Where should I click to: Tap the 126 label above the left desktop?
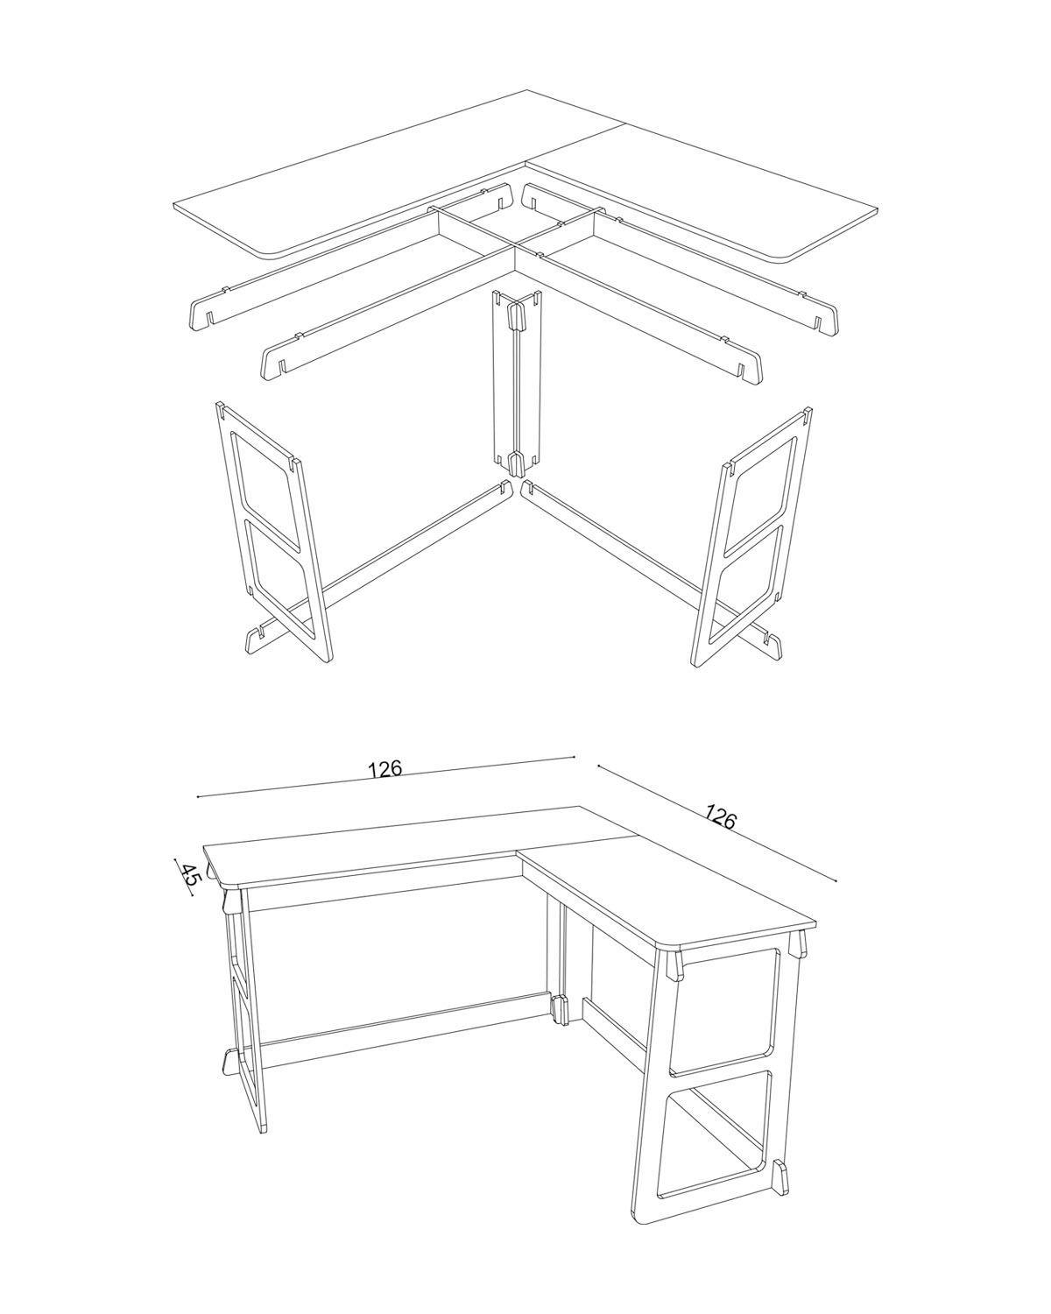(385, 769)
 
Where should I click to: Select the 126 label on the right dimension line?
(721, 816)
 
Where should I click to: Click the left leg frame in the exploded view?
(275, 531)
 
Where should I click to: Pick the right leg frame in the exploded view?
(752, 537)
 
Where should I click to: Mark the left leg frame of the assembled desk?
(244, 1001)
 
